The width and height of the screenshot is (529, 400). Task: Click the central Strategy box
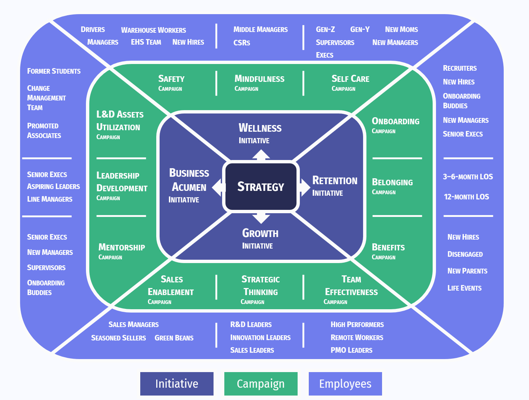click(261, 186)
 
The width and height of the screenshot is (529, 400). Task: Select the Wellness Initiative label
click(260, 133)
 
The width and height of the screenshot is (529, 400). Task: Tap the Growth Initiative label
click(260, 238)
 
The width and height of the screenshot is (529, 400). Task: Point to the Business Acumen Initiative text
click(189, 185)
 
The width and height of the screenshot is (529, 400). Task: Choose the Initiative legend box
click(177, 384)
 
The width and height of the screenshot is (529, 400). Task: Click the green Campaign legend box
click(261, 384)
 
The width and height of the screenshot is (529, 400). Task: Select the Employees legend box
click(345, 384)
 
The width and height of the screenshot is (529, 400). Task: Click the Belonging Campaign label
click(392, 186)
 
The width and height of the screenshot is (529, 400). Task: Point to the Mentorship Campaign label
click(122, 251)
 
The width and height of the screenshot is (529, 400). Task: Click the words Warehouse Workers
click(153, 30)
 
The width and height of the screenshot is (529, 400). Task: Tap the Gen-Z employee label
click(325, 29)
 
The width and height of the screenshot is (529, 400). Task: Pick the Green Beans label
click(174, 338)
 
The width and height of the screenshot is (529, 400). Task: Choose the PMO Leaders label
click(351, 350)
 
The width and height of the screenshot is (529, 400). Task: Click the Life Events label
click(464, 288)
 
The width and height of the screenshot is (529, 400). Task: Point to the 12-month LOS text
click(466, 197)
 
